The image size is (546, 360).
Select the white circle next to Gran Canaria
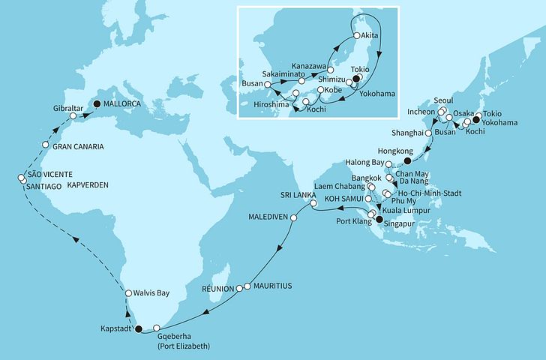pos(46,145)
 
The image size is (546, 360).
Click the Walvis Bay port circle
pos(129,293)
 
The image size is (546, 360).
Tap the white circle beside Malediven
pos(294,218)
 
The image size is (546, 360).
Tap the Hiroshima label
pos(273,103)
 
